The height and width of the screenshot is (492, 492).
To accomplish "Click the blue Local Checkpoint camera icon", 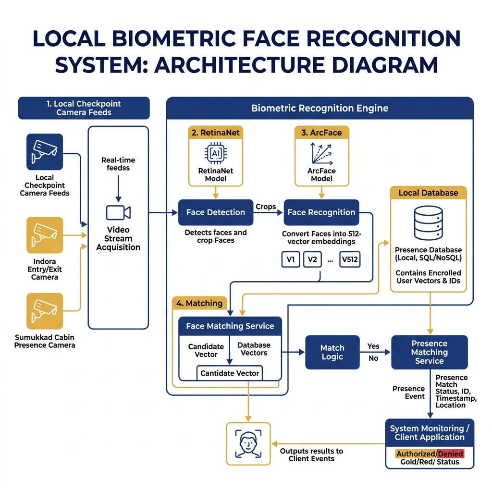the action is (x=45, y=152).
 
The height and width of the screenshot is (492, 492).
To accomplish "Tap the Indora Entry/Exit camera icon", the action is (x=45, y=235).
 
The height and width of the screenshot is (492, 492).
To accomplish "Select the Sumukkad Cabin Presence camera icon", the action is (x=45, y=311).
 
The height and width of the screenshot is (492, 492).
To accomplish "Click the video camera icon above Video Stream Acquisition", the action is (x=118, y=213).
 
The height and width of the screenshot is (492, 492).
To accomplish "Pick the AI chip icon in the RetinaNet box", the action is (x=216, y=153).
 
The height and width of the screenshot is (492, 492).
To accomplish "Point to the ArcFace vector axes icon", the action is (x=321, y=154).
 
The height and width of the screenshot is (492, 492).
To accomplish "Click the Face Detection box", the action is (x=216, y=212).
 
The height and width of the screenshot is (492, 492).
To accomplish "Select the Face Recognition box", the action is (x=321, y=212).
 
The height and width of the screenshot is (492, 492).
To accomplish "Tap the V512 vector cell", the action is (x=350, y=259).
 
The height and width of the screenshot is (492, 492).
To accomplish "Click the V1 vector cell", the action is (x=291, y=259).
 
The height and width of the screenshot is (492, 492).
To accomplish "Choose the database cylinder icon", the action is (x=428, y=223).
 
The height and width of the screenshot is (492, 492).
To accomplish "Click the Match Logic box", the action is (x=332, y=352).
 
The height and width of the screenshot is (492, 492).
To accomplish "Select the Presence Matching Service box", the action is (x=429, y=352).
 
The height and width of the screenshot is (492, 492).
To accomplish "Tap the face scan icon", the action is (x=248, y=443).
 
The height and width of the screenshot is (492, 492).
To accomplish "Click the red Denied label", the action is (x=451, y=454).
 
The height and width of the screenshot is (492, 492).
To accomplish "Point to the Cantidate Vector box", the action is (x=230, y=373).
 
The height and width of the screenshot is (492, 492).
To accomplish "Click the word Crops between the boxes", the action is (x=265, y=207).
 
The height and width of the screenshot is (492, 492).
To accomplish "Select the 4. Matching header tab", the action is (x=199, y=303).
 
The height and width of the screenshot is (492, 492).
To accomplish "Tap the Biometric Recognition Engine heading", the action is (x=320, y=108).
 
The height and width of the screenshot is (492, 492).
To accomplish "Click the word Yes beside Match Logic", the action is (x=373, y=346).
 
